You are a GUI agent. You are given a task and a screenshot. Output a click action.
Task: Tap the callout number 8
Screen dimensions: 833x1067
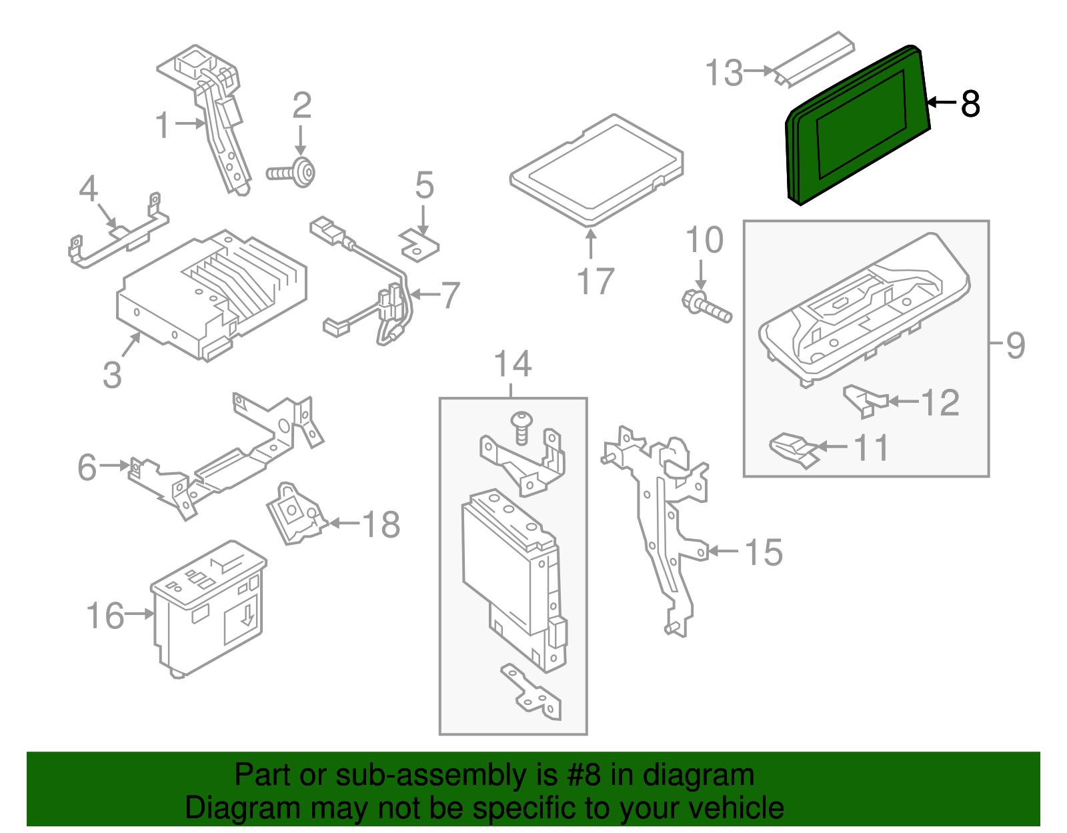click(x=970, y=103)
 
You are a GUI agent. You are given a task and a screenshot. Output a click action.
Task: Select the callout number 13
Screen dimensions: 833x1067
click(x=724, y=72)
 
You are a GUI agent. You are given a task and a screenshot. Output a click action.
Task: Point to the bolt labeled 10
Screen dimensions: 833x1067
click(x=707, y=306)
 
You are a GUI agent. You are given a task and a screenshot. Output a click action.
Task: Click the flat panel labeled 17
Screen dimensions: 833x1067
click(x=596, y=170)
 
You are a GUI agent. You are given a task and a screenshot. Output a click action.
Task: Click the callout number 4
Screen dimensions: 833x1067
click(x=88, y=189)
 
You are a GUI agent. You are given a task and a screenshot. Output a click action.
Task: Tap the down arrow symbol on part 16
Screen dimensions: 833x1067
click(x=247, y=614)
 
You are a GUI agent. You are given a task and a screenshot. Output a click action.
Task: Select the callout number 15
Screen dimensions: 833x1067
click(x=764, y=552)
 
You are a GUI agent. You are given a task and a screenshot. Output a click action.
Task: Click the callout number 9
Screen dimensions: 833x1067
click(x=1015, y=345)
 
